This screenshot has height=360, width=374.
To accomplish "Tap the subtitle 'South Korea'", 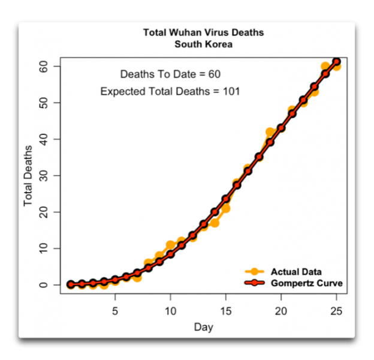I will click(203, 44).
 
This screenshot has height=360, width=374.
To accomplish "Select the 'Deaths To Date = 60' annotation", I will click(170, 74).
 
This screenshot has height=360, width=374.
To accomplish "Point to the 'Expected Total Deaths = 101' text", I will click(170, 92).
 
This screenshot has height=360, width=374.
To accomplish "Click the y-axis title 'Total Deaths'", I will click(28, 175).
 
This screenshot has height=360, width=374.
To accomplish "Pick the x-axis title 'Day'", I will click(203, 328).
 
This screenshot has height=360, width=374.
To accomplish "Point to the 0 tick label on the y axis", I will click(51, 284).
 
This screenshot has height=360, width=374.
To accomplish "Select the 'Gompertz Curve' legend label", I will click(307, 283).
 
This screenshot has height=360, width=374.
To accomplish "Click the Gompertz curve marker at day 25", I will click(337, 62).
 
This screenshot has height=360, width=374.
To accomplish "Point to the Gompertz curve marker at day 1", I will click(71, 284).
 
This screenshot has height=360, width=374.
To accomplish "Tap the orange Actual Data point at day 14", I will click(215, 223).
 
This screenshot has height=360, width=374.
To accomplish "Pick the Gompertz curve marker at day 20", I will click(281, 128).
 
